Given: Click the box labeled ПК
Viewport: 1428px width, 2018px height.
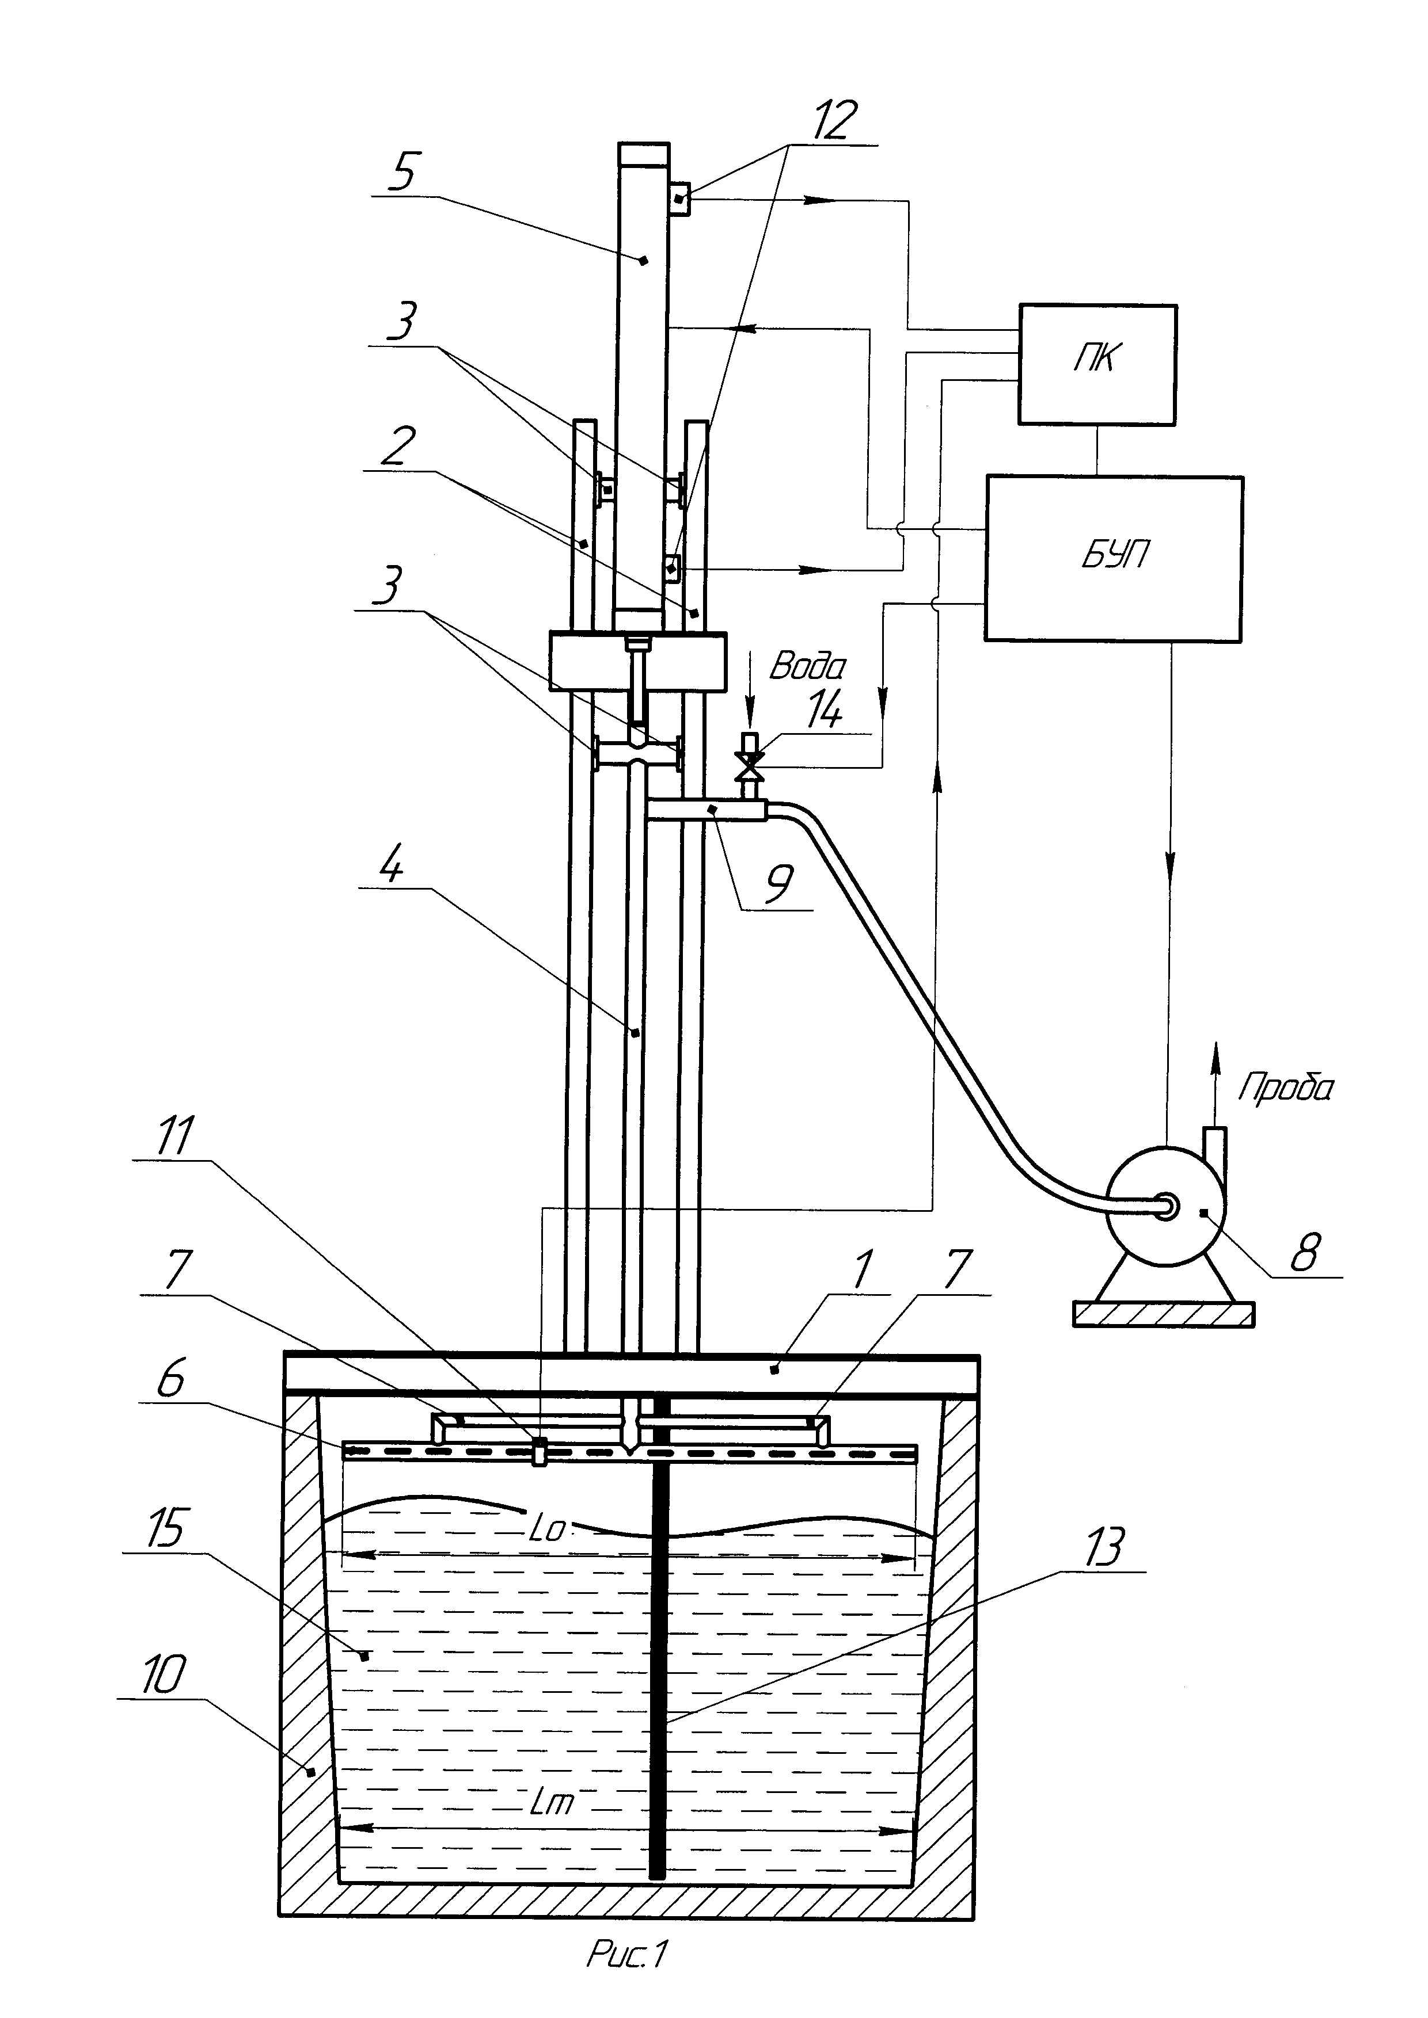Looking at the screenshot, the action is [1097, 365].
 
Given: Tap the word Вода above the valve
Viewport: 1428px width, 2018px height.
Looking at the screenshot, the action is [807, 666].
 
